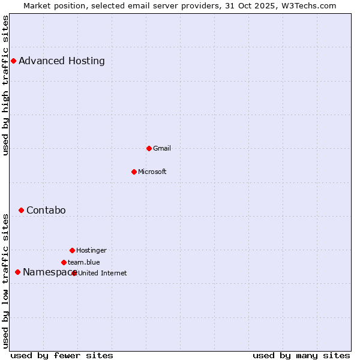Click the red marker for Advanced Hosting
click(x=13, y=61)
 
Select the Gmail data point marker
click(x=149, y=148)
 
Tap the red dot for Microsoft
click(x=134, y=172)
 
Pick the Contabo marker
click(x=21, y=210)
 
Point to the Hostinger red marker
click(x=72, y=250)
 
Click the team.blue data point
click(x=64, y=262)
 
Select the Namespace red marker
click(x=17, y=272)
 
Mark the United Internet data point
click(x=74, y=273)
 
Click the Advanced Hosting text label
click(x=62, y=61)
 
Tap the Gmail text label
click(x=162, y=148)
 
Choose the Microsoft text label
click(x=152, y=172)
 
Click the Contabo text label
click(x=46, y=210)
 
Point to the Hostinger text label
click(x=91, y=250)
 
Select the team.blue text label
click(x=84, y=262)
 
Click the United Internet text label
click(x=103, y=273)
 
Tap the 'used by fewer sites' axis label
click(x=62, y=355)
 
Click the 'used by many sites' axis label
click(x=301, y=355)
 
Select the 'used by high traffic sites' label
click(x=6, y=86)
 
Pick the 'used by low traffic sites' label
click(x=6, y=281)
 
